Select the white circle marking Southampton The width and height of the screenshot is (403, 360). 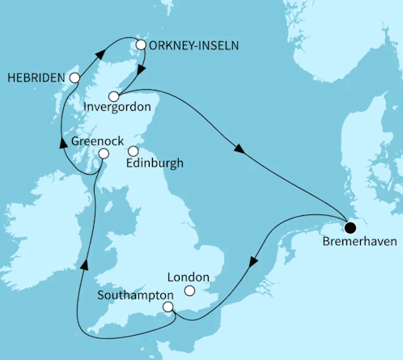[x=168, y=307]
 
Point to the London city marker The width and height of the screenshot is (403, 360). [x=190, y=290]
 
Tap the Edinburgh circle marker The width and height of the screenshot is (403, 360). [x=134, y=150]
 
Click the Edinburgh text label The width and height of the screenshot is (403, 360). [x=155, y=163]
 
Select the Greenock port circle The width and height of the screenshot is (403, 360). [x=103, y=154]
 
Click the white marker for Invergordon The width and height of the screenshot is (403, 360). [x=113, y=96]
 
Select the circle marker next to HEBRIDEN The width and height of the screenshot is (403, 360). [x=74, y=78]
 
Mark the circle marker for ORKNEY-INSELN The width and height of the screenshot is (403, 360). [x=141, y=45]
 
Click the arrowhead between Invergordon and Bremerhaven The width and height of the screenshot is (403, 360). [x=240, y=149]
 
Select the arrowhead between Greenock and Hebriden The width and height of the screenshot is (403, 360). [x=61, y=142]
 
